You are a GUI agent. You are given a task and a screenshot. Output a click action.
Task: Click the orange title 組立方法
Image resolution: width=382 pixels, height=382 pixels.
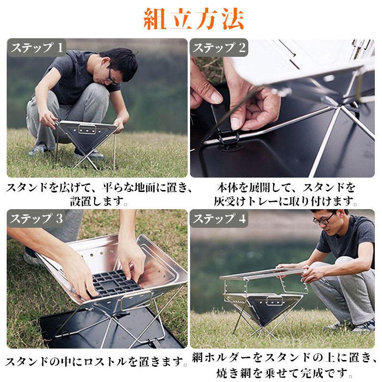point(193,19)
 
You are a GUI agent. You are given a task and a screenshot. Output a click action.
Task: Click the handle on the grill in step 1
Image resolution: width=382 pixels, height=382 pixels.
point(87,128)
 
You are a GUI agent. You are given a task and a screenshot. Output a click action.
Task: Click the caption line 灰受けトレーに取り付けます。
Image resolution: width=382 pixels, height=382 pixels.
point(286,201)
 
